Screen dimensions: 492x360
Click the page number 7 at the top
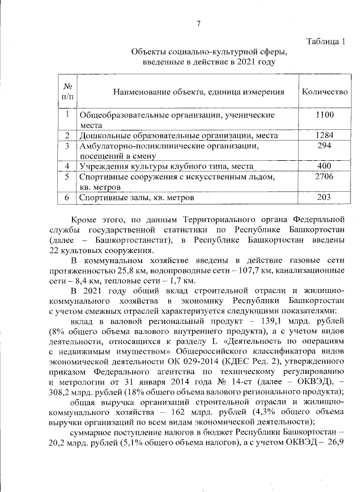pyautogui.click(x=198, y=23)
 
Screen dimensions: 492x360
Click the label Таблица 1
pyautogui.click(x=325, y=41)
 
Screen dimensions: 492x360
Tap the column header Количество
pyautogui.click(x=325, y=92)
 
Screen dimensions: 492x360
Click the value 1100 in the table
pyautogui.click(x=325, y=115)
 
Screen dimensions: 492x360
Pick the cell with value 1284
pyautogui.click(x=325, y=136)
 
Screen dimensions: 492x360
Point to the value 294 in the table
pyautogui.click(x=325, y=146)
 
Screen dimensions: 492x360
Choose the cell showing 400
pyautogui.click(x=325, y=166)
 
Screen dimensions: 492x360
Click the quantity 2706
pyautogui.click(x=325, y=177)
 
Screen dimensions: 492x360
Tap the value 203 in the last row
pyautogui.click(x=325, y=197)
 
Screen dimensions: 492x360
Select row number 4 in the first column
pyautogui.click(x=67, y=166)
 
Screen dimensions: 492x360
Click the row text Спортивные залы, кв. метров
pyautogui.click(x=137, y=198)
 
